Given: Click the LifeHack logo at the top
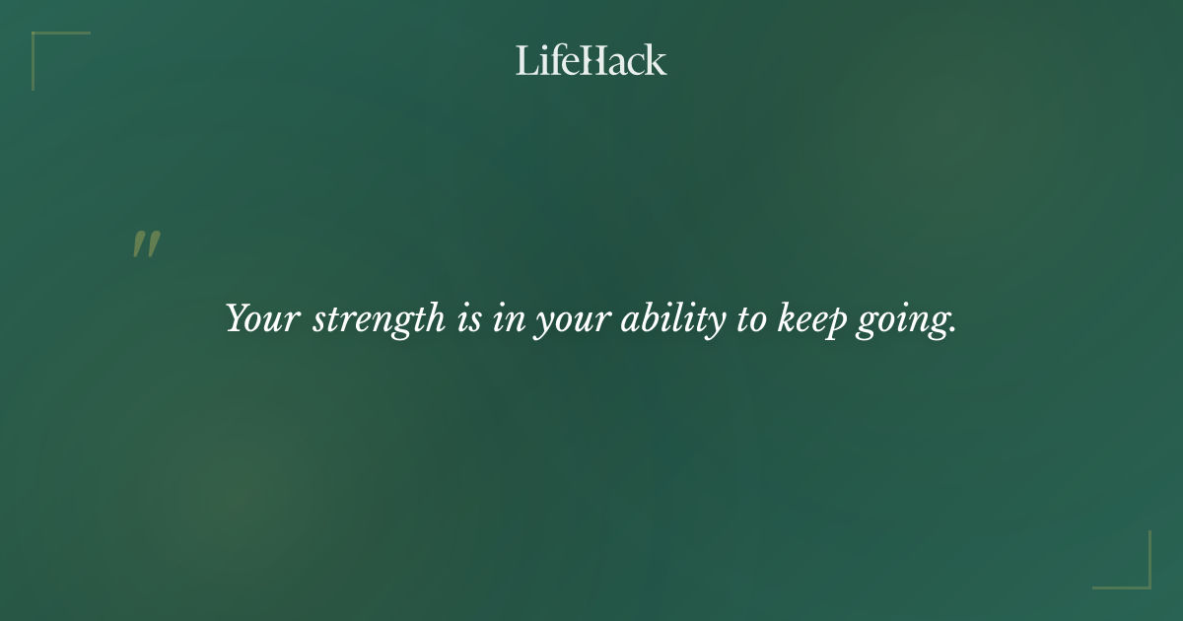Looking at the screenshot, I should (591, 60).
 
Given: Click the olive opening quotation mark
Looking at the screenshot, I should (146, 244).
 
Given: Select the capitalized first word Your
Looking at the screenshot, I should (261, 319).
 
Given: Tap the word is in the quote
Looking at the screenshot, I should (469, 319).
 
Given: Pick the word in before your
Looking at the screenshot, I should (509, 319).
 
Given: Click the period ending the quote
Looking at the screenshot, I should (952, 330).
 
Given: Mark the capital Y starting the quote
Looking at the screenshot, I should (238, 317).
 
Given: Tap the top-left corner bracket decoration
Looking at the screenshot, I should (39, 39).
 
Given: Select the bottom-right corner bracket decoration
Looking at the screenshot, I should (1144, 582).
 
